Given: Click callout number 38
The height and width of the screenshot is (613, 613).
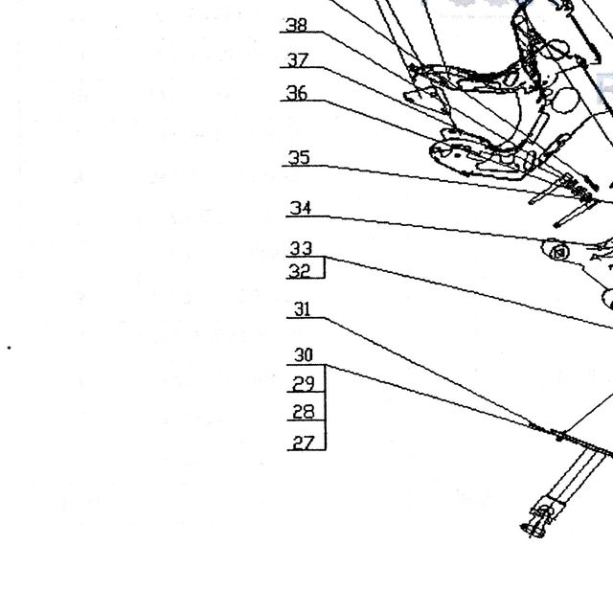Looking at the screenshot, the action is [x=297, y=25].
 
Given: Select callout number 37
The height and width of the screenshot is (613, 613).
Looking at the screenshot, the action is [x=298, y=60].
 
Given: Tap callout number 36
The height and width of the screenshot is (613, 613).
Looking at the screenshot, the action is [x=297, y=94].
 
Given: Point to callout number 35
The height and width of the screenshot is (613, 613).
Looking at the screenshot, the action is [x=299, y=158].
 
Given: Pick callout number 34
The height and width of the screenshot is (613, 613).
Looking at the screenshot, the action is [x=300, y=209].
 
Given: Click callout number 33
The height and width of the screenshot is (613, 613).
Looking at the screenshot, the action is [x=301, y=249].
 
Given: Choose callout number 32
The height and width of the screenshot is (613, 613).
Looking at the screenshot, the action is [x=300, y=271].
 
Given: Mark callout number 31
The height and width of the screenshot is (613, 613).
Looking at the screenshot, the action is [x=303, y=309].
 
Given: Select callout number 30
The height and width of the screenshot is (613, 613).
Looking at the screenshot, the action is [x=304, y=355].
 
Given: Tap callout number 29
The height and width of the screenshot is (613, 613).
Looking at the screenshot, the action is [x=304, y=384].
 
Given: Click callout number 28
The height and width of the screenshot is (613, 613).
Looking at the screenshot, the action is [x=304, y=412].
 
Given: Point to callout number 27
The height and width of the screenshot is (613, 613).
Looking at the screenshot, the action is [x=304, y=443].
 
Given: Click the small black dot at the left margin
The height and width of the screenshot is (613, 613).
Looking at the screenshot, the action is [x=9, y=348].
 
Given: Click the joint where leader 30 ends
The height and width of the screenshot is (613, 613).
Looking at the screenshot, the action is [x=559, y=434].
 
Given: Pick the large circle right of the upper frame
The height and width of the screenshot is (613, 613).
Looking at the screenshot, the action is [x=566, y=100].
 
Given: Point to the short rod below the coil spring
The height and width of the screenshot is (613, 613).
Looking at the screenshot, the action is [x=575, y=213].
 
